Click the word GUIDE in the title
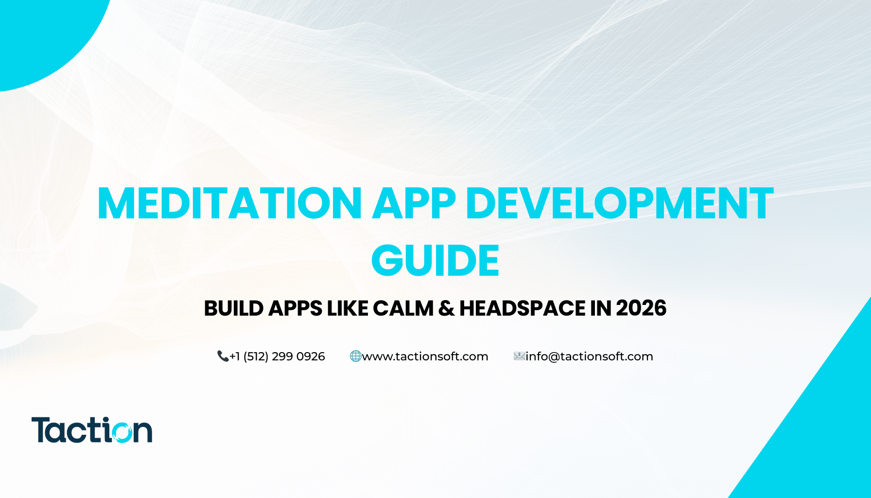[435, 260]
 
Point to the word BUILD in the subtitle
[234, 308]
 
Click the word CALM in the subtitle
[403, 308]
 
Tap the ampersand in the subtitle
[446, 308]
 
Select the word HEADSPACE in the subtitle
[523, 308]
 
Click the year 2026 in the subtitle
[641, 308]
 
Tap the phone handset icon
[223, 356]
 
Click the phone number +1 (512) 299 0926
[277, 356]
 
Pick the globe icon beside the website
[355, 356]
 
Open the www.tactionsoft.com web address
[425, 356]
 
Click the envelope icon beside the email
[519, 356]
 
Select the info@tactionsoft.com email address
[589, 356]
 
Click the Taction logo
[92, 430]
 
